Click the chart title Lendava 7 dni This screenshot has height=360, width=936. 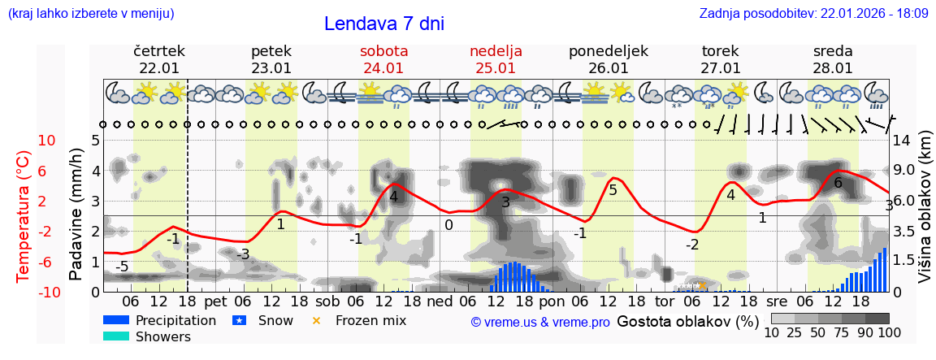coord(383,24)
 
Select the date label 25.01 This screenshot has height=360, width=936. coord(496,68)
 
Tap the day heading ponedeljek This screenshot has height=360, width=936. coord(609,51)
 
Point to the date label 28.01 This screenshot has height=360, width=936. coord(833,68)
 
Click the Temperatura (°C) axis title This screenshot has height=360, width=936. coord(24,215)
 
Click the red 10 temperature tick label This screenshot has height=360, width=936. coord(47,140)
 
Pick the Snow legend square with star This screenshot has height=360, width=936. coord(240,320)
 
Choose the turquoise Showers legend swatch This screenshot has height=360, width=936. coord(115,336)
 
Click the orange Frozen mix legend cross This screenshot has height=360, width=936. coord(317,320)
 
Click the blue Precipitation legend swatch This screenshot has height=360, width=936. coord(115,320)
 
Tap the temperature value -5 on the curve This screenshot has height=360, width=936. coord(122,267)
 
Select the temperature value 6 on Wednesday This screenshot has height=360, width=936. coord(838,183)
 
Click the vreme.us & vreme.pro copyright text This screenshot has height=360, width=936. coord(540,322)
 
